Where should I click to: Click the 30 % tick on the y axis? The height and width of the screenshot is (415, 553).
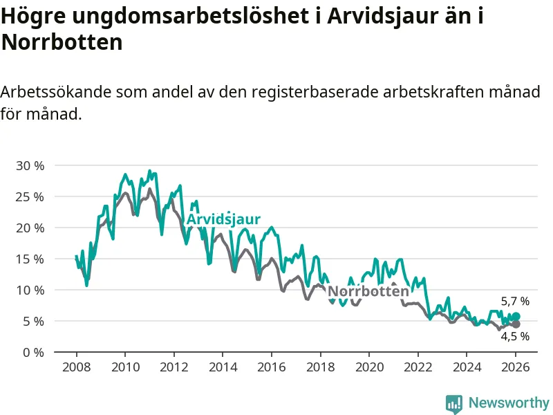(29, 166)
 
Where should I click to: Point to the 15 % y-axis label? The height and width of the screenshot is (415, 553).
(29, 259)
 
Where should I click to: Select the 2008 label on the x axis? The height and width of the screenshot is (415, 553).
(75, 367)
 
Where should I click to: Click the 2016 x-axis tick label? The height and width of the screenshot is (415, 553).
(271, 367)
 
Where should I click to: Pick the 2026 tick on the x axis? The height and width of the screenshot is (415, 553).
(516, 367)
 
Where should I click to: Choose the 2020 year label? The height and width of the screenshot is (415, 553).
(369, 367)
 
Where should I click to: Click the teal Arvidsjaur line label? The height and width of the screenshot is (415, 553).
(223, 220)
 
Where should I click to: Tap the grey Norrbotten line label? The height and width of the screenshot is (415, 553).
(368, 291)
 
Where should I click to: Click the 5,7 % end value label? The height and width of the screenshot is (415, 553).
(515, 302)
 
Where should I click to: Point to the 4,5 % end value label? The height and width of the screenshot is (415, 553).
(515, 337)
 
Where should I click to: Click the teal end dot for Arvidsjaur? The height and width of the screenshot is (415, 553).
(516, 317)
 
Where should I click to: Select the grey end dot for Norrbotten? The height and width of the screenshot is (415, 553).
(516, 324)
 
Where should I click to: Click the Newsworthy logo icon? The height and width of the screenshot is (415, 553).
(454, 403)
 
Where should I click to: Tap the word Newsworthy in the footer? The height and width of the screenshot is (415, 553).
(509, 403)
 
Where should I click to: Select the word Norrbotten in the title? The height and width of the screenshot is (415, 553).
(62, 42)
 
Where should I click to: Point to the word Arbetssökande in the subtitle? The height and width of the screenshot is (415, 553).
(56, 92)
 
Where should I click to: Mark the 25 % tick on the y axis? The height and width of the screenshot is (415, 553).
(29, 197)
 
